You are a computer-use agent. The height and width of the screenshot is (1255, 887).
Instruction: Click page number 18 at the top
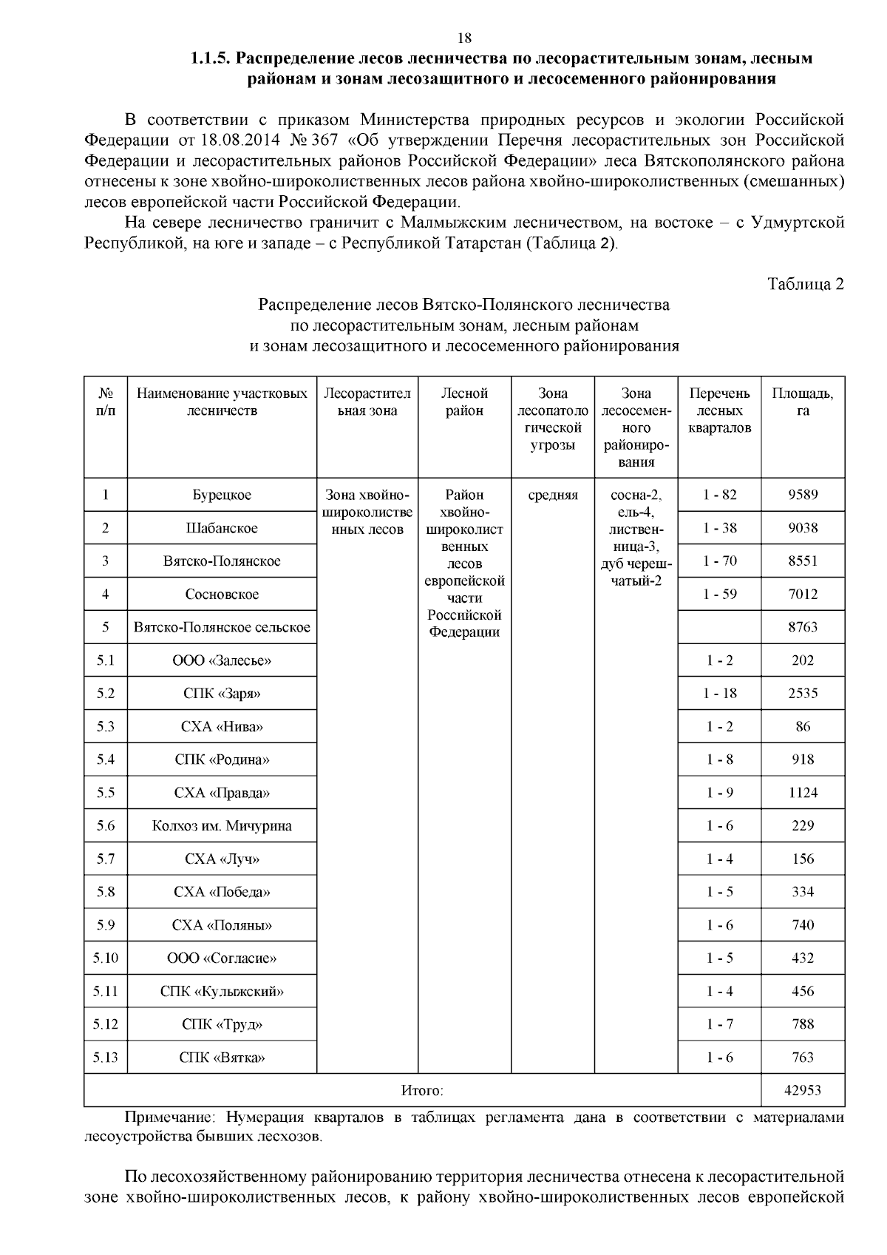(465, 38)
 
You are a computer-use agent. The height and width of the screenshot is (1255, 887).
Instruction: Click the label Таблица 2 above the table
(806, 285)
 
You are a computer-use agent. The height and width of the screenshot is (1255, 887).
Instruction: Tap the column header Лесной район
(464, 402)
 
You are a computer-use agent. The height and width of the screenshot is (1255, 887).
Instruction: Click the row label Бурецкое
(222, 495)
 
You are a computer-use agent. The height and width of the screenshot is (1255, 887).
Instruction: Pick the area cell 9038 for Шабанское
(803, 528)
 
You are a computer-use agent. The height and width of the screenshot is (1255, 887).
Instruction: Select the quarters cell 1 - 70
(719, 561)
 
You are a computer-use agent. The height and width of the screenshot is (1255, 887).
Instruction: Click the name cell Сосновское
(222, 594)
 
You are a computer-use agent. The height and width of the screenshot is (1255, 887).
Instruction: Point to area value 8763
(803, 627)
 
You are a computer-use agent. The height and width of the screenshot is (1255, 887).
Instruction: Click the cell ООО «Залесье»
(222, 660)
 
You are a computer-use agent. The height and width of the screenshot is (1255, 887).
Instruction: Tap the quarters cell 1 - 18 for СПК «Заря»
(719, 693)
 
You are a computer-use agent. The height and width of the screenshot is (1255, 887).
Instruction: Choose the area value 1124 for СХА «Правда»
(803, 793)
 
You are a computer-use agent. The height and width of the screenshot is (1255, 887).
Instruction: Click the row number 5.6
(106, 826)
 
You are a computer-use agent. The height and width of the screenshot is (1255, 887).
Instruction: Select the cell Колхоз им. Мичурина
(222, 826)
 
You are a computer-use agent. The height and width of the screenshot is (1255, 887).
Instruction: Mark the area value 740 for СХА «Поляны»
(803, 925)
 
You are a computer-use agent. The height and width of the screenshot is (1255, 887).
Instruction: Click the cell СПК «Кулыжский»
(222, 991)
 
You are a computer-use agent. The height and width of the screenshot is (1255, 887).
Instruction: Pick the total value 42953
(803, 1090)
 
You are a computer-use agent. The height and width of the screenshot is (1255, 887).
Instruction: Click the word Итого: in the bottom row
(422, 1090)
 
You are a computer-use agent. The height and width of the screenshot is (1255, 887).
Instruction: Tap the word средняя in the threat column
(553, 495)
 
